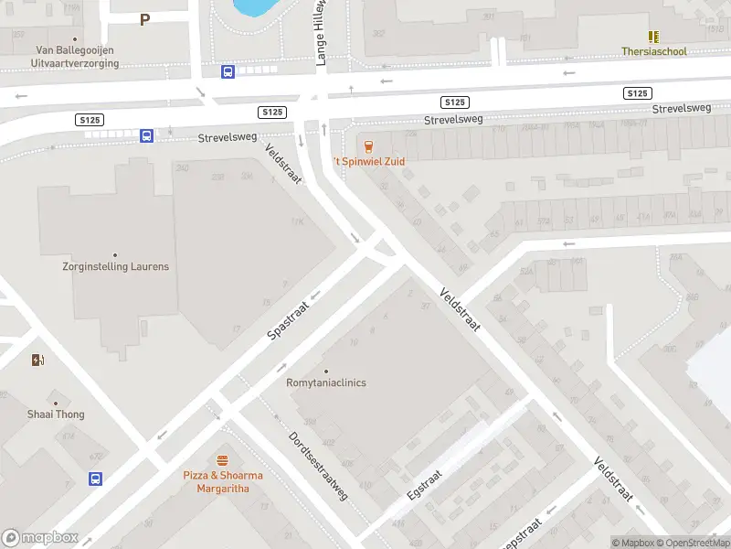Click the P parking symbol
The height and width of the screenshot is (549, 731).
(x=144, y=19)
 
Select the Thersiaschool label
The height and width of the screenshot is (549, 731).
(x=653, y=52)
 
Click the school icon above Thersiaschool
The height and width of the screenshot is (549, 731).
(x=653, y=37)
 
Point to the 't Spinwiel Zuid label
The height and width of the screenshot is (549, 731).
(x=367, y=161)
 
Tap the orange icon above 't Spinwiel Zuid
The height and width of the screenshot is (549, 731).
(x=367, y=145)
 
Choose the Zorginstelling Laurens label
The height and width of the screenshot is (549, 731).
(x=115, y=266)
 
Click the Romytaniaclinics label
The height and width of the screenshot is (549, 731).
(x=326, y=382)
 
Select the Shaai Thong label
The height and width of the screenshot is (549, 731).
(x=56, y=414)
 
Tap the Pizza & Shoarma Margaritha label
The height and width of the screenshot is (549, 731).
(x=223, y=482)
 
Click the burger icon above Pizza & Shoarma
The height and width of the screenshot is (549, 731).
(x=222, y=460)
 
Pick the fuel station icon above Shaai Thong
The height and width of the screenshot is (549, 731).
(x=38, y=360)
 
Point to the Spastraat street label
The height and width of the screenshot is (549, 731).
(x=289, y=318)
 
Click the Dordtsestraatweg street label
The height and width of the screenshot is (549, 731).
(x=319, y=466)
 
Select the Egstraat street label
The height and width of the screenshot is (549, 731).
(x=425, y=483)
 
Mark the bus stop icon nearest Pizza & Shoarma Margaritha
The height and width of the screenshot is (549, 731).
(x=95, y=479)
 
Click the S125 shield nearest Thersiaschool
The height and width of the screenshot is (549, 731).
(x=638, y=93)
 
